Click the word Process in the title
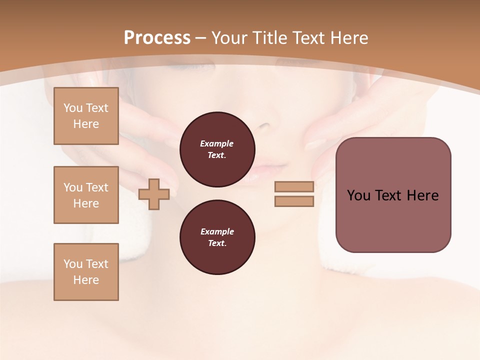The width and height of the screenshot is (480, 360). (x=157, y=38)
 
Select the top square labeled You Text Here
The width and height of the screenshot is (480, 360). (x=86, y=116)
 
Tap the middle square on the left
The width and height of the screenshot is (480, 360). (x=86, y=195)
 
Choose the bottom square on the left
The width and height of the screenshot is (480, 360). (x=86, y=272)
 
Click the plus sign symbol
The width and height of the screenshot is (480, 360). (x=154, y=194)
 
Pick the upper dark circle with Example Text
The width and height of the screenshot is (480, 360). (x=217, y=149)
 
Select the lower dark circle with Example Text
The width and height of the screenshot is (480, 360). (x=217, y=237)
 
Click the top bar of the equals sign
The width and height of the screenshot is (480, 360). (x=294, y=186)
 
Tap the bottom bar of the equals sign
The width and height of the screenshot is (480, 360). (x=294, y=201)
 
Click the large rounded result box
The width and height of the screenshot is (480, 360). (x=393, y=195)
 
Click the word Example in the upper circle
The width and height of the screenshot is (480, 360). (x=217, y=143)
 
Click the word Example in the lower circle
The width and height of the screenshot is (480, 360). (x=217, y=231)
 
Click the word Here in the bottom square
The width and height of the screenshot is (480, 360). (x=86, y=280)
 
